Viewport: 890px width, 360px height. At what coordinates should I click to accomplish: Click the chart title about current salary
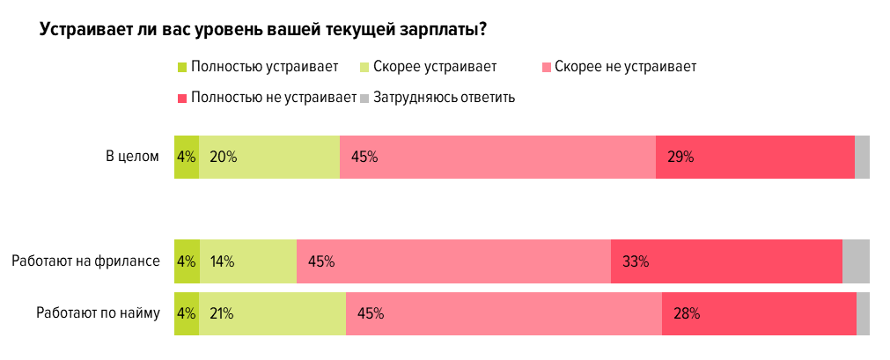tap(264, 29)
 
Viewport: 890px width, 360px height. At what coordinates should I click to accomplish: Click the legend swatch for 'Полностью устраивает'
tap(182, 66)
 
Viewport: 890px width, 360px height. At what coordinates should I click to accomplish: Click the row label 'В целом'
tap(132, 157)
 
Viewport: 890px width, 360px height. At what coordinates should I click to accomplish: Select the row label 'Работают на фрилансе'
tap(85, 261)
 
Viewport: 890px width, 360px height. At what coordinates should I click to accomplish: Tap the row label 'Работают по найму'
tap(98, 312)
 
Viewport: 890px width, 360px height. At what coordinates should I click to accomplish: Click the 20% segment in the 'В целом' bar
tap(268, 158)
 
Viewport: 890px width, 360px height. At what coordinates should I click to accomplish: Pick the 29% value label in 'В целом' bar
tap(680, 158)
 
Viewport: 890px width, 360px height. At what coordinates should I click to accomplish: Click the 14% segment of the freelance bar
tap(247, 261)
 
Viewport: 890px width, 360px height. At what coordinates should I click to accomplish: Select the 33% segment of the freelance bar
tap(726, 261)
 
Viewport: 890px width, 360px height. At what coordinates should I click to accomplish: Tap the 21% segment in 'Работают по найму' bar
tap(272, 313)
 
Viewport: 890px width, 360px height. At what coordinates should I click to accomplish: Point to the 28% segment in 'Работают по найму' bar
tap(759, 313)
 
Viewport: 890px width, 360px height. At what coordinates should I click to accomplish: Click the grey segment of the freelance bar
tap(856, 261)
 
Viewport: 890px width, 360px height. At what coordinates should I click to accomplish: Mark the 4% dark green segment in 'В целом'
tap(186, 158)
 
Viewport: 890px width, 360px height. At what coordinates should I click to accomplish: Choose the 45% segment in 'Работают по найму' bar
tap(504, 313)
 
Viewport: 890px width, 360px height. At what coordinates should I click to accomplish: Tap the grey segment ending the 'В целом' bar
tap(862, 158)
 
